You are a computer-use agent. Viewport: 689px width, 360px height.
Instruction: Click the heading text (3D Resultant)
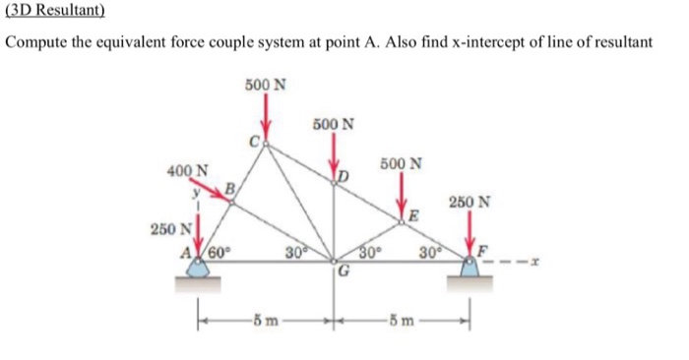pyautogui.click(x=54, y=13)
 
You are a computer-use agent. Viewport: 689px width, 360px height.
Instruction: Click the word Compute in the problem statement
pyautogui.click(x=40, y=44)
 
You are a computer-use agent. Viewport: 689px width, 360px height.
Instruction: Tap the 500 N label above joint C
pyautogui.click(x=267, y=84)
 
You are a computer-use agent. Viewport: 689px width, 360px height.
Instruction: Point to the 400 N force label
pyautogui.click(x=187, y=171)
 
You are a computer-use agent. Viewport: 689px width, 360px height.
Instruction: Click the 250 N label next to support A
pyautogui.click(x=170, y=228)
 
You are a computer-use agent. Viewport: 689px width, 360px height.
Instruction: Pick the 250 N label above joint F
pyautogui.click(x=475, y=203)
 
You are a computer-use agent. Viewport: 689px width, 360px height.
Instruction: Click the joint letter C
pyautogui.click(x=253, y=143)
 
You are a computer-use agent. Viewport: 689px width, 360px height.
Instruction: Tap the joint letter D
pyautogui.click(x=343, y=177)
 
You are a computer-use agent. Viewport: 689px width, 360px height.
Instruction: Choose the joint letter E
pyautogui.click(x=414, y=216)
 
